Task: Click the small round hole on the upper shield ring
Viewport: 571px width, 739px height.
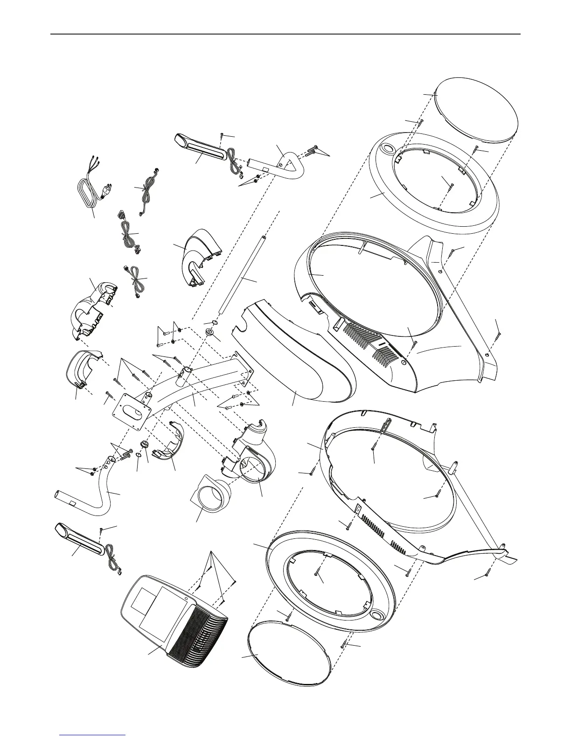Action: point(387,150)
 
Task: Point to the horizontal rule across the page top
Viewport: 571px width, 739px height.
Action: point(285,34)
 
